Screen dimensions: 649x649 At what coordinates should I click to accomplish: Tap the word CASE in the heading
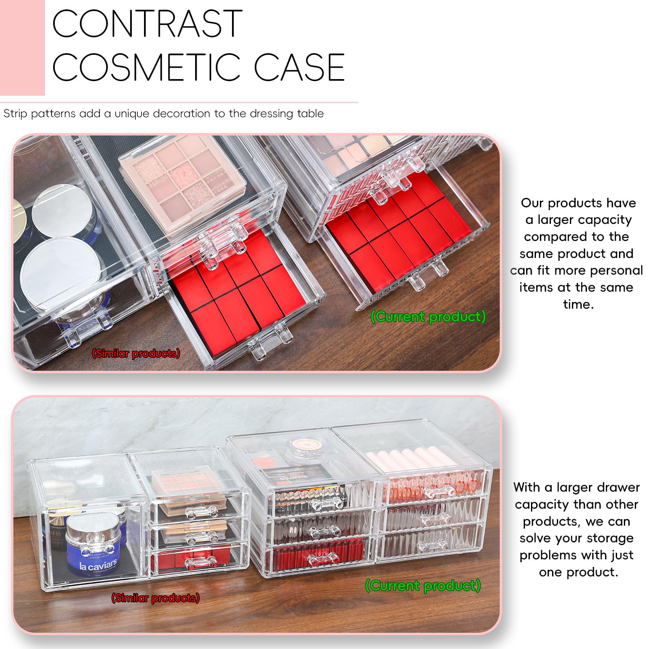click(x=299, y=67)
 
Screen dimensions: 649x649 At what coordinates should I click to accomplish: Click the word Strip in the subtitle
click(x=15, y=114)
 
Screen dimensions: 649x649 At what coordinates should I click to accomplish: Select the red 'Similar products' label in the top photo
click(x=136, y=353)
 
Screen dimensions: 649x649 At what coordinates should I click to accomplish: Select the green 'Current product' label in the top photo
click(x=428, y=317)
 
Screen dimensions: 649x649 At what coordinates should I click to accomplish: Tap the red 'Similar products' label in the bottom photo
click(x=155, y=598)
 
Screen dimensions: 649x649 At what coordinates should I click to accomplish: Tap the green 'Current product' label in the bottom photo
click(x=423, y=586)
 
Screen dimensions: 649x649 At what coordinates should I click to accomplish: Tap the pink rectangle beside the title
click(x=22, y=47)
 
